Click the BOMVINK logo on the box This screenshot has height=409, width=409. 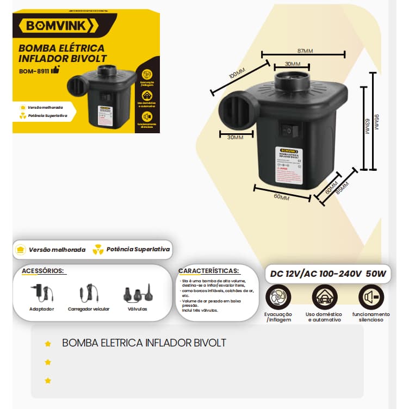coord(58,26)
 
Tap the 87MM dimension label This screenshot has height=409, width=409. coord(303,51)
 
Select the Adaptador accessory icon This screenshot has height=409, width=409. coord(41,294)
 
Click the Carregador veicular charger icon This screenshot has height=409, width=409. coord(88,294)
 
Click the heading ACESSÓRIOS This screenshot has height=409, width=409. coord(42,271)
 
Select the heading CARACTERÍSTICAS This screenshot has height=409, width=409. coord(208,270)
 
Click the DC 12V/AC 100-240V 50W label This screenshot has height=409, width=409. coord(328,274)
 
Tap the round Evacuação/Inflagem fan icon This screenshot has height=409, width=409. coord(277,298)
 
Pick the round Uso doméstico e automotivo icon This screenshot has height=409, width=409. coord(324,298)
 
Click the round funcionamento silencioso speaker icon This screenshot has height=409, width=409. coord(370,298)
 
